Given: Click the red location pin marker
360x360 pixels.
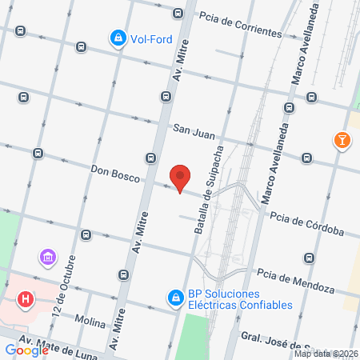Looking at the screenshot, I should (181, 178).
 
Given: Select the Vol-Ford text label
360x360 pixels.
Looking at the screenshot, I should (154, 38).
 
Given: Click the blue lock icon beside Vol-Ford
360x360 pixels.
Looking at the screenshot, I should (118, 37).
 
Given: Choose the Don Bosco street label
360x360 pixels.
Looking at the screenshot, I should (115, 170).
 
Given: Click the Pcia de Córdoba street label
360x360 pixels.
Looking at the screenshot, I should (306, 223).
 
